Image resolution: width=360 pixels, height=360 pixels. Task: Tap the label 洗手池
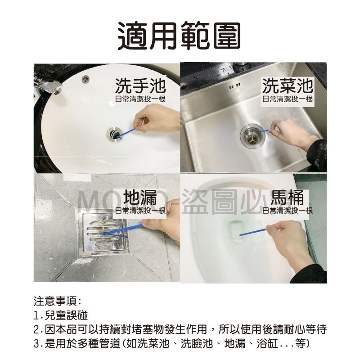coord(140,85)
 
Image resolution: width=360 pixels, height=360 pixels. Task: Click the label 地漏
coord(141,198)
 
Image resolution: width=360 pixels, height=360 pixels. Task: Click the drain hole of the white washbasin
coord(113,133)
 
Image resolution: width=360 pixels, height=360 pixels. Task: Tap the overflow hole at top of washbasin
coord(85,79)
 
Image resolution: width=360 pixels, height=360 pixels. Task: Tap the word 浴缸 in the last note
coord(265,344)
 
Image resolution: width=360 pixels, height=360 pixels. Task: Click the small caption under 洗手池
coord(140,99)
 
